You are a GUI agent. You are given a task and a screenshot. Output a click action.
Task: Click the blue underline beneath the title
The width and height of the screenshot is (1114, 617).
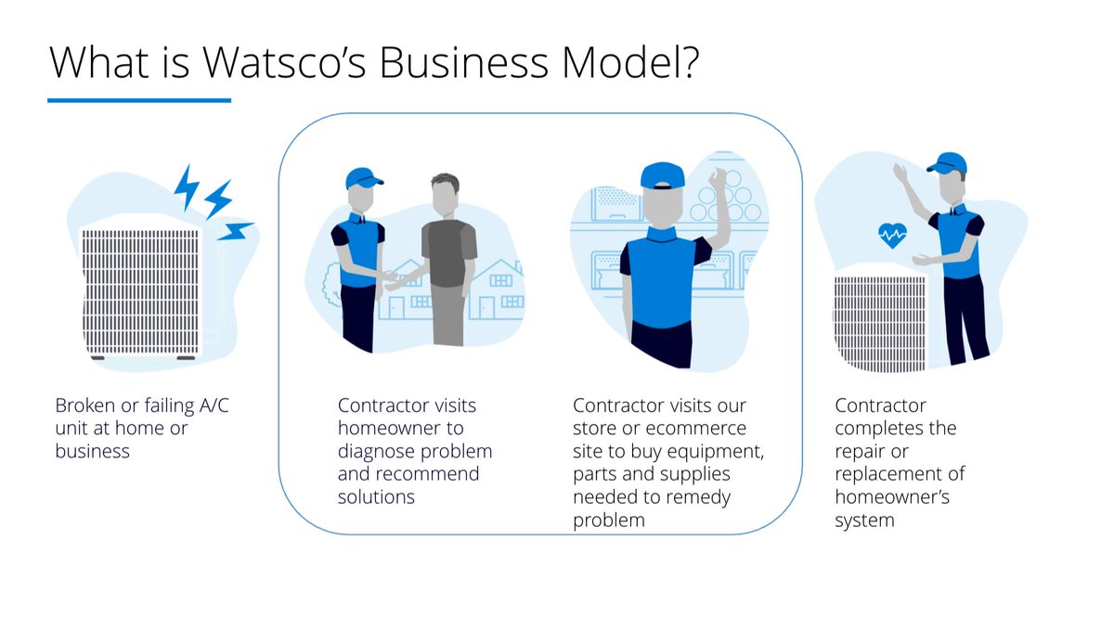pos(139,100)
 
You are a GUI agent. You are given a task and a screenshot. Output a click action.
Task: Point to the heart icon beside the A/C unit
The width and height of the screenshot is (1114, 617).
pos(893,237)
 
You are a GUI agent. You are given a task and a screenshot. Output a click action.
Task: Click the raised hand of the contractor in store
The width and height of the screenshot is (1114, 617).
pos(718,177)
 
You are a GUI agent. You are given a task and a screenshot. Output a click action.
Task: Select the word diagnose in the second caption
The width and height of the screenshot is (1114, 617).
pos(377,452)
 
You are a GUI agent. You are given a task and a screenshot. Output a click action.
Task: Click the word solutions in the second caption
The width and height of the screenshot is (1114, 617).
pos(376,497)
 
